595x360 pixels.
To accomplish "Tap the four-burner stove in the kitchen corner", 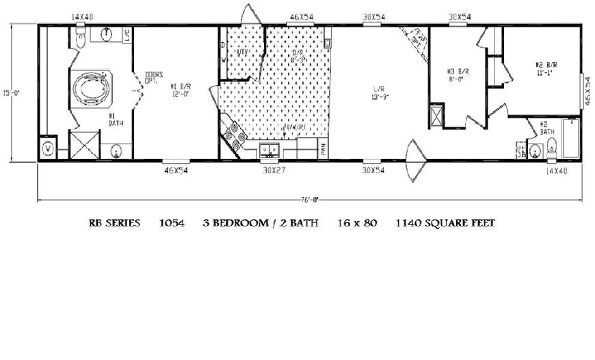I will point(233,136).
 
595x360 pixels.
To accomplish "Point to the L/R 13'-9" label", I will point(379,94).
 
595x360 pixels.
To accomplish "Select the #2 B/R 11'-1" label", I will point(547,69).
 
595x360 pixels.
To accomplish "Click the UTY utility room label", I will point(241,52).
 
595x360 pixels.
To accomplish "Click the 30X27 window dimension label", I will point(271,170).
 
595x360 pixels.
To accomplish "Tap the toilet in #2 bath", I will point(553,146).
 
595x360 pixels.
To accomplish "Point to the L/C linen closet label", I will point(129,36).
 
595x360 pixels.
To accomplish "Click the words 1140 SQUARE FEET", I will point(445,223).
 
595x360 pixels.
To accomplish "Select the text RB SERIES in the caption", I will point(114,223).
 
